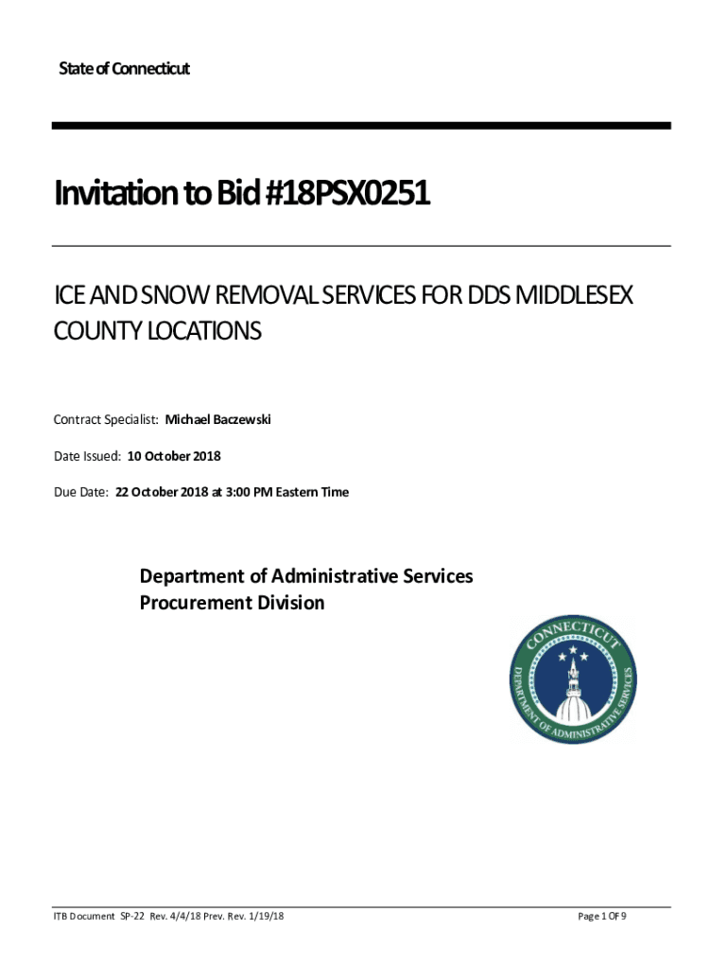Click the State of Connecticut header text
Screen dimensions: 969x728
(124, 69)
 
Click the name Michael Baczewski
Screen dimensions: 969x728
(218, 419)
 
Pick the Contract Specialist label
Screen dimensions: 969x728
(107, 419)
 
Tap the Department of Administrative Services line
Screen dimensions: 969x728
(306, 575)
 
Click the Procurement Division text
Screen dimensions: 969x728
(232, 603)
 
